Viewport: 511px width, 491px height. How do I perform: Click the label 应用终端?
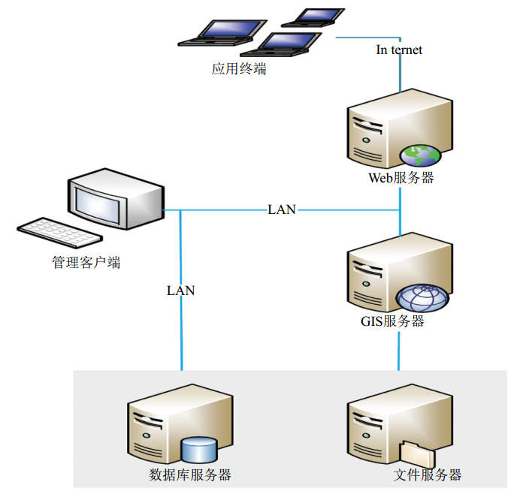click(x=239, y=70)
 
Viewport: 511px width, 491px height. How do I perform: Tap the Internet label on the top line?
click(x=399, y=50)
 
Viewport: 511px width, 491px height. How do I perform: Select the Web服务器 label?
click(x=401, y=179)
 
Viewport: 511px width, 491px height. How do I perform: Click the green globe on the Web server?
click(x=419, y=155)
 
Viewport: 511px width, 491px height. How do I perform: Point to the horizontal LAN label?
click(x=282, y=209)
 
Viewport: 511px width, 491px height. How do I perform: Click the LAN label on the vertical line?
click(x=180, y=290)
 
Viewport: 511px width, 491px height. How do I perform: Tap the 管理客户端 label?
click(x=86, y=264)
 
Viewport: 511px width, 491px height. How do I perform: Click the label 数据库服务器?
click(x=189, y=474)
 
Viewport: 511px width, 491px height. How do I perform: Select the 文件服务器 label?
click(x=427, y=474)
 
